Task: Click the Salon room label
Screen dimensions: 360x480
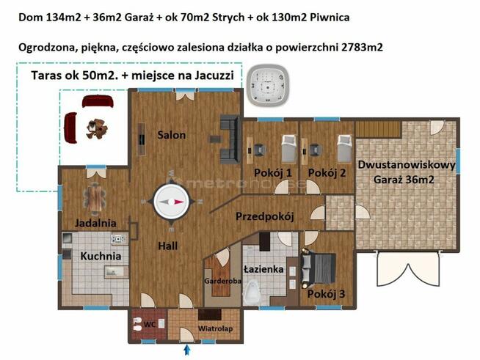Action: tap(171, 135)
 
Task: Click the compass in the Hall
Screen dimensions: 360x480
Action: tap(172, 202)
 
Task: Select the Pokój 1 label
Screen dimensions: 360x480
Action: tap(273, 173)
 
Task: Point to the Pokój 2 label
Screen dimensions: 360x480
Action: tap(327, 173)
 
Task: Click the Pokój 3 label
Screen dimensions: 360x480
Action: tap(327, 294)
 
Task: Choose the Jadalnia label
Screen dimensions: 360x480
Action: tap(95, 223)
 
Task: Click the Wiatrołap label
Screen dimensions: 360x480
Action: tap(215, 328)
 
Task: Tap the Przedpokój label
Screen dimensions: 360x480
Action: tap(264, 217)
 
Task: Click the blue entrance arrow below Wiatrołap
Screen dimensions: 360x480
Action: tap(186, 350)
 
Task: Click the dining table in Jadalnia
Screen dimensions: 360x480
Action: tap(95, 196)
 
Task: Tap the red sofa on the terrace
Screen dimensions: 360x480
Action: tap(70, 128)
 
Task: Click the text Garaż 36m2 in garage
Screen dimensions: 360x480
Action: tap(406, 179)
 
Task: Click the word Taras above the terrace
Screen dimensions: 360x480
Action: tap(48, 76)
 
